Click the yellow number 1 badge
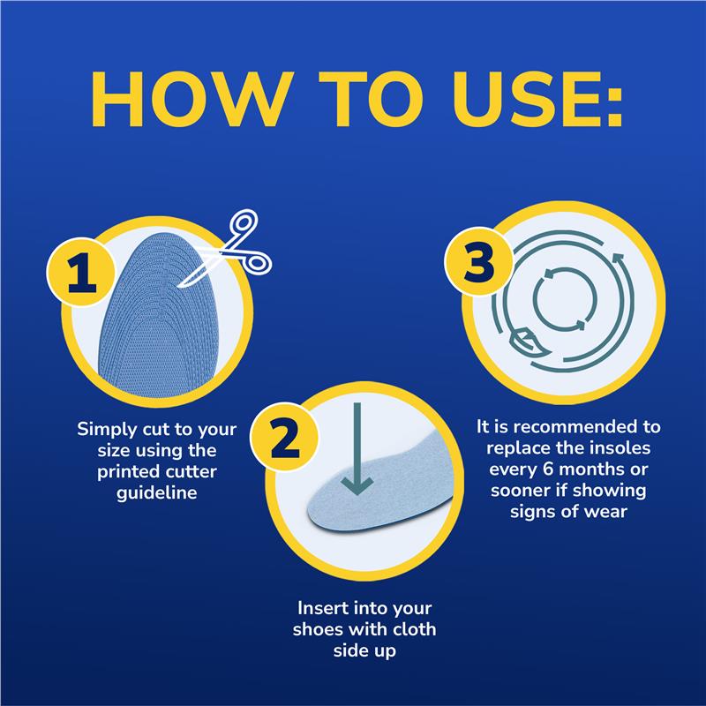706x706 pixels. point(81,272)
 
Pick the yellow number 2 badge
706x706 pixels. point(284,437)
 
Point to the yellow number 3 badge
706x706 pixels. point(479,261)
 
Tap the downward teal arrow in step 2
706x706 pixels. point(357,449)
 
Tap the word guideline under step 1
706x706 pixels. point(157,493)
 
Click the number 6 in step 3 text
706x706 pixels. point(548,469)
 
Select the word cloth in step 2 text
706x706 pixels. point(414,629)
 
